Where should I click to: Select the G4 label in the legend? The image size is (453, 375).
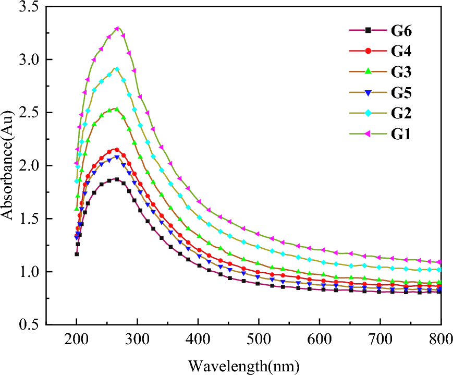(401, 51)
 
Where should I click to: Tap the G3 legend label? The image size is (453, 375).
(401, 71)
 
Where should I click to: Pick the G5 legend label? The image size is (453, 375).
(401, 93)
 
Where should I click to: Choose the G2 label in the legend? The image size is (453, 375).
(401, 114)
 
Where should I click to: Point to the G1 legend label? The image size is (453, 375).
(401, 135)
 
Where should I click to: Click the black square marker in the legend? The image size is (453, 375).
(368, 30)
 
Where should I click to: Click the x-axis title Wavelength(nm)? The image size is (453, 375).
(244, 364)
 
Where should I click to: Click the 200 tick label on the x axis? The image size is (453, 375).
(77, 340)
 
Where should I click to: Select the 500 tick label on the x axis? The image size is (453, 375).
(259, 340)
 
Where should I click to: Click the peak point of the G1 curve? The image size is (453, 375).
(117, 29)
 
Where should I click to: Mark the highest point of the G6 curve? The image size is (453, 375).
(116, 179)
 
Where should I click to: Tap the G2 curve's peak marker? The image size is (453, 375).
(117, 69)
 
